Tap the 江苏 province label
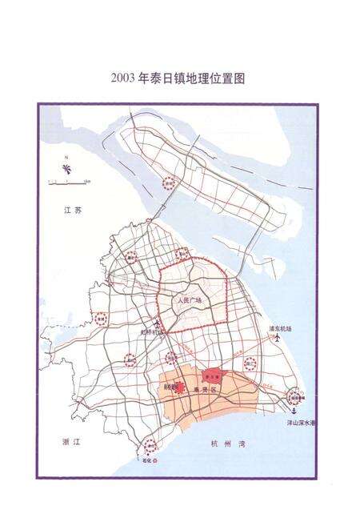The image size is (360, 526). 74,210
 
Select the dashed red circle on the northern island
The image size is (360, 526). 168,183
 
